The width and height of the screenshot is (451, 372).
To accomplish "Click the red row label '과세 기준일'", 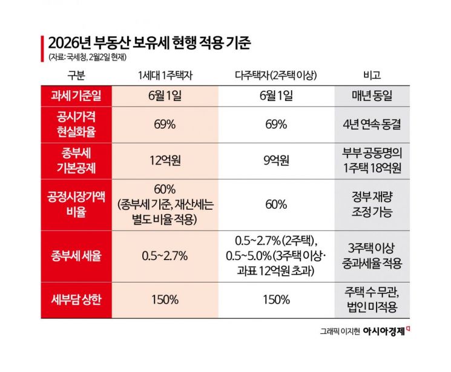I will click(76, 96).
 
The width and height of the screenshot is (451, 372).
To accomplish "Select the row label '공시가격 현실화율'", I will click(76, 124).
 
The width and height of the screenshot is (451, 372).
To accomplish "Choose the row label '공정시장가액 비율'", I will click(76, 204).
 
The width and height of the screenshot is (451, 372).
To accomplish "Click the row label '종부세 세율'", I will click(76, 255).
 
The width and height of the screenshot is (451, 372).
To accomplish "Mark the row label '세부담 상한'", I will click(76, 299).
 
